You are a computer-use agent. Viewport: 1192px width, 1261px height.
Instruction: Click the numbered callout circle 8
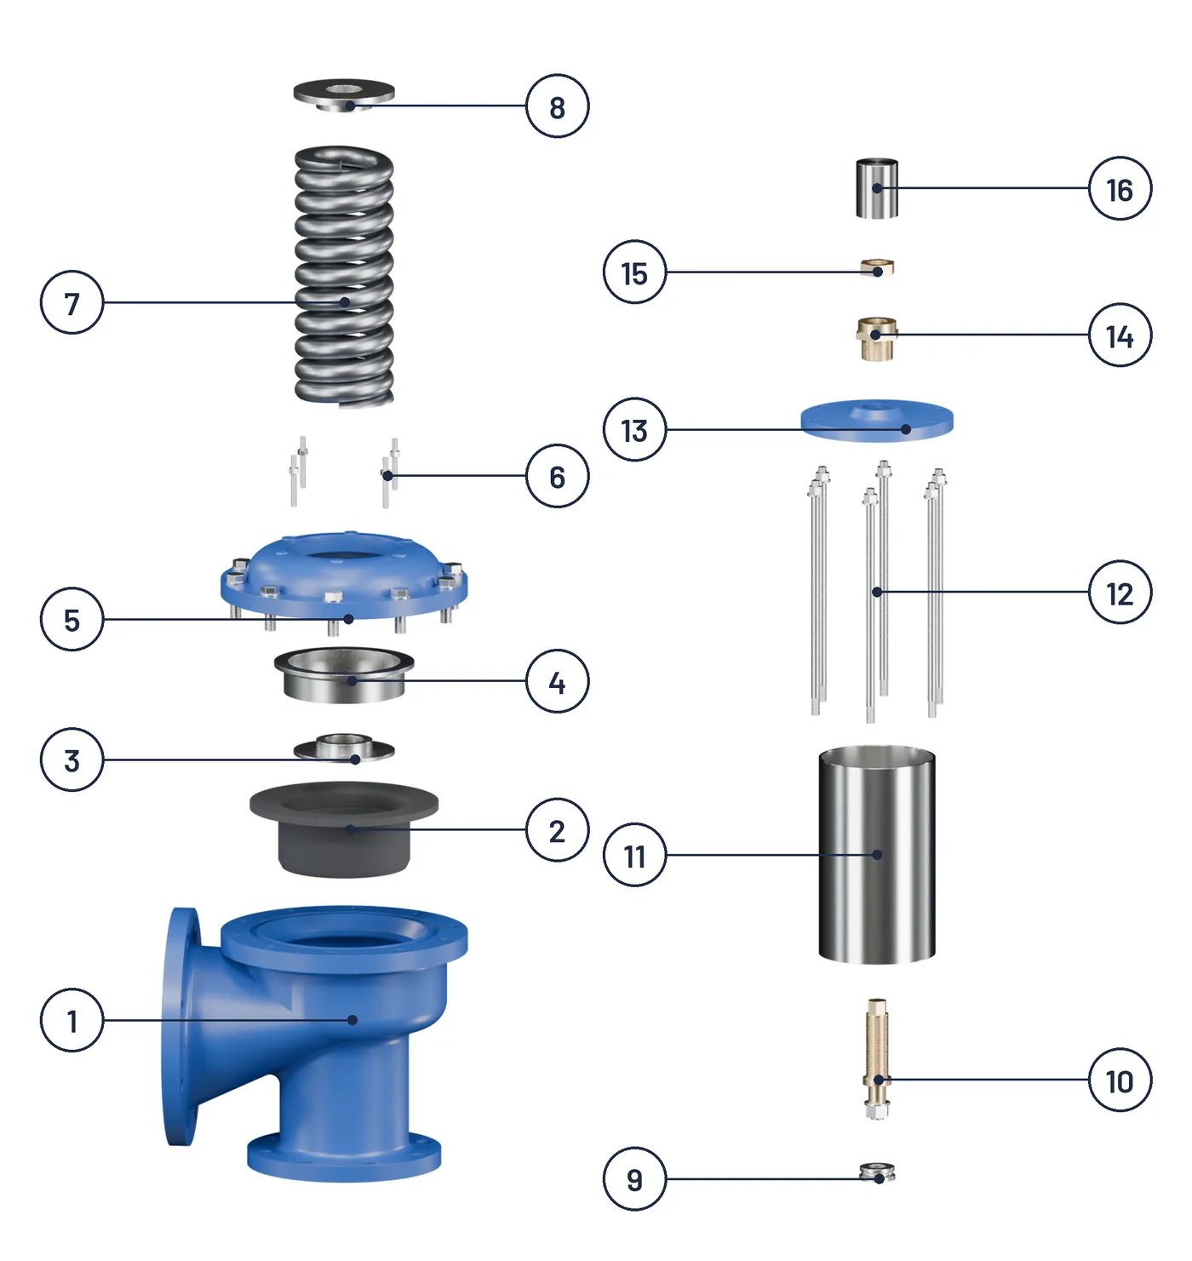(x=557, y=106)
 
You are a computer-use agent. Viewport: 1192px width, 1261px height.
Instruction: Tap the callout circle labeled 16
(x=1120, y=188)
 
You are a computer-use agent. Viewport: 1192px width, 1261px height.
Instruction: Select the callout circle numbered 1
(x=72, y=1020)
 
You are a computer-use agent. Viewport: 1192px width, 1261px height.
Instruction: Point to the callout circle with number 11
(x=634, y=855)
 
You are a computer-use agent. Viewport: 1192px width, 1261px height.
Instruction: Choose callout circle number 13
(x=634, y=430)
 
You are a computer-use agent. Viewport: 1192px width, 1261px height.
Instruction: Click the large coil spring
(x=344, y=277)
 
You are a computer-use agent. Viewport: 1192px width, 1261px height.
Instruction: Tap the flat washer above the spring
(x=344, y=95)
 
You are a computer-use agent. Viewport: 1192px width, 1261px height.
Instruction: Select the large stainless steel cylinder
(x=876, y=854)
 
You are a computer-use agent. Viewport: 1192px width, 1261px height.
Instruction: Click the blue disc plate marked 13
(x=876, y=421)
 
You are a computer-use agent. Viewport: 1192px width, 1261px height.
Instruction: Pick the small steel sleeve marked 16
(x=877, y=188)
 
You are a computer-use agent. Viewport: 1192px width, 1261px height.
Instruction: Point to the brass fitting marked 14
(x=876, y=338)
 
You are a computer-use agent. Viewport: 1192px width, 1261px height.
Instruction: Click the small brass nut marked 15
(x=877, y=267)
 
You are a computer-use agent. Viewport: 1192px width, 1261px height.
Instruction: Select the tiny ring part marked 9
(x=877, y=1172)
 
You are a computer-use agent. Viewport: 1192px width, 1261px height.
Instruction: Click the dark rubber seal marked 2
(x=344, y=828)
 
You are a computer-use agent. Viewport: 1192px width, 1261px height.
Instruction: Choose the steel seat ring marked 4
(x=344, y=674)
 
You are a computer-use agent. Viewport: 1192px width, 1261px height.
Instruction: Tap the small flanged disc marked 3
(x=344, y=748)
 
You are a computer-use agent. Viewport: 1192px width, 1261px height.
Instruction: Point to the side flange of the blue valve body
(x=181, y=1026)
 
